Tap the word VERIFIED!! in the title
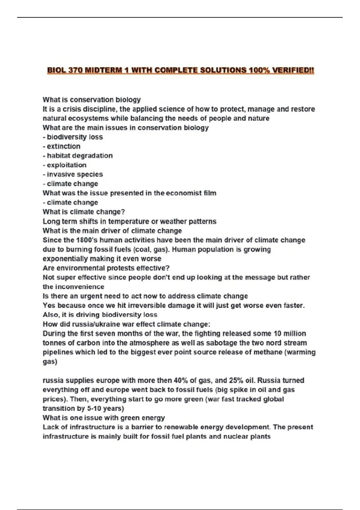click(x=293, y=70)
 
